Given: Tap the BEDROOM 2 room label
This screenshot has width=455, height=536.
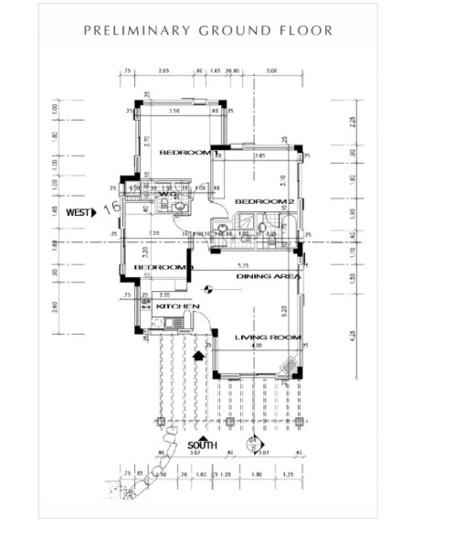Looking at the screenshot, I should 264,201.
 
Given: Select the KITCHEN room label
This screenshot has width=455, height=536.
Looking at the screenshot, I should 172,306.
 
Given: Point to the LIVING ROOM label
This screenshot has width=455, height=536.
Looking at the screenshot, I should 268,338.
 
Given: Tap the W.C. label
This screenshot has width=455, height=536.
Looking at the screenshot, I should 168,194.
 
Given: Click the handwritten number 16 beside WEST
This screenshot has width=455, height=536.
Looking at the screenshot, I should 113,208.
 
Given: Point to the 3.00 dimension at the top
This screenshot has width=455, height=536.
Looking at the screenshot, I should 271,70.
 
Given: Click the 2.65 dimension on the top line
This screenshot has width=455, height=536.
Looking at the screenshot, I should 164,70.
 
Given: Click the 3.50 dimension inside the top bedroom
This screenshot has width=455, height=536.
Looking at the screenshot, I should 175,110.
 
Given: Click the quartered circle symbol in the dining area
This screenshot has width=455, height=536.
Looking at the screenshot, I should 208,291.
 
